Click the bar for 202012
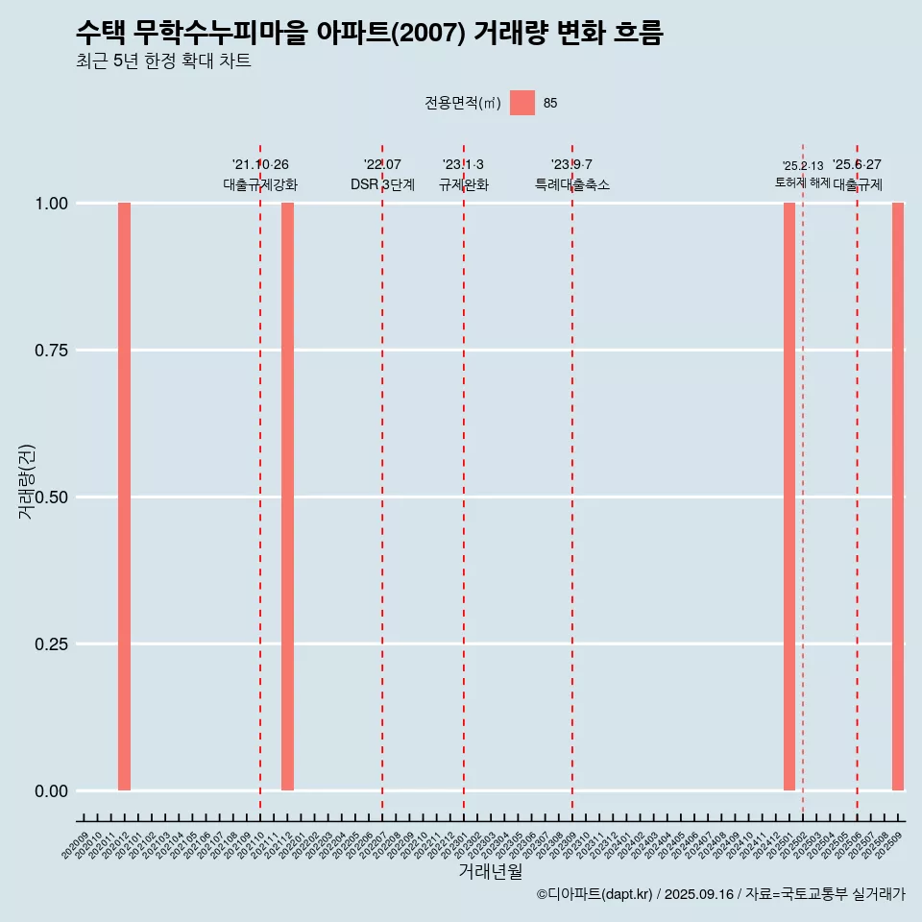124,497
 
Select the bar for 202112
287,497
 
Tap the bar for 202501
789,497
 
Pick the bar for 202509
898,497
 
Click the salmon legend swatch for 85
522,103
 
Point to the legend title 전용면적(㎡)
463,103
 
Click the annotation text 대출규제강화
260,184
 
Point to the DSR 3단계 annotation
382,184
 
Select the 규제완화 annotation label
464,184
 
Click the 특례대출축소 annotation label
572,184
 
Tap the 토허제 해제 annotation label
803,182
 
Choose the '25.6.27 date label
857,165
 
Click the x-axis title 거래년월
491,872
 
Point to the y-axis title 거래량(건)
26,481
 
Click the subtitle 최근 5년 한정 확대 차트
163,61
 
